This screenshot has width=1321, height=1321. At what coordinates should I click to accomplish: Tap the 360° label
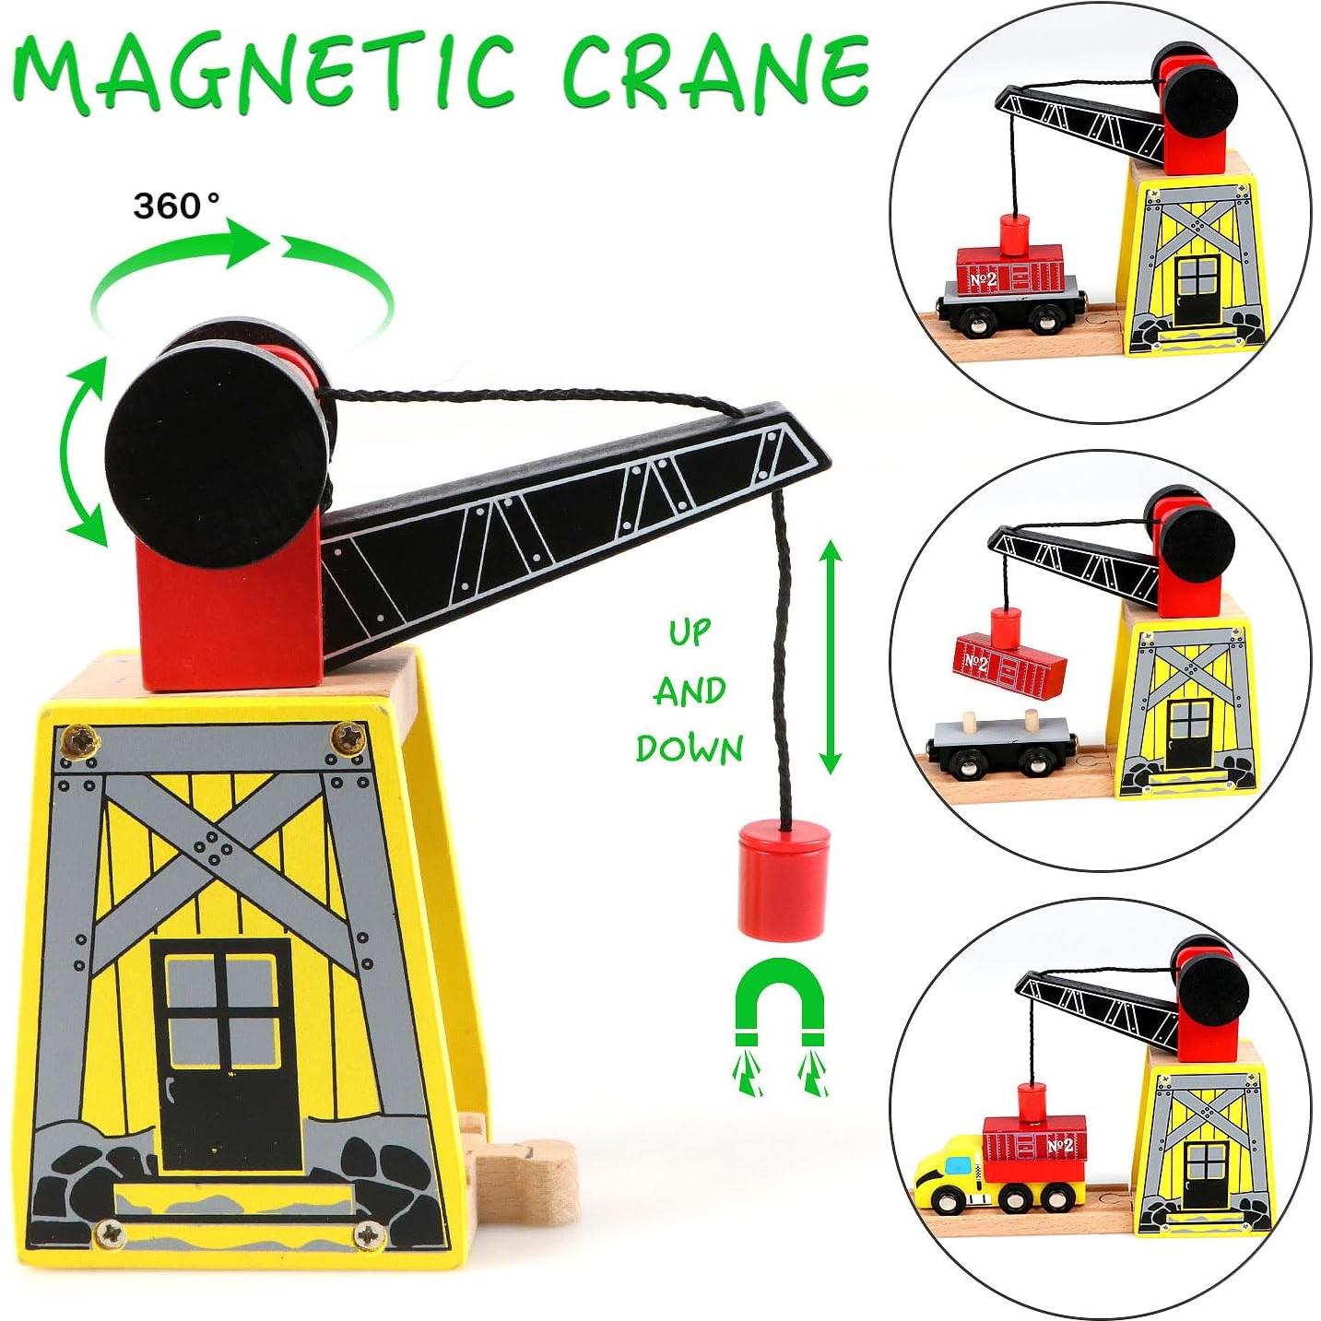[x=176, y=206]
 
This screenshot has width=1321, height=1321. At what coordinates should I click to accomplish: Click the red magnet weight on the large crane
[x=784, y=880]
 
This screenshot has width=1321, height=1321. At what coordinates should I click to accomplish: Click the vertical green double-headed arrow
[x=830, y=657]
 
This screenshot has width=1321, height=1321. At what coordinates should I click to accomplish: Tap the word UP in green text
[x=690, y=633]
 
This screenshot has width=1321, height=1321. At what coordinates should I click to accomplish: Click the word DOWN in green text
[x=689, y=749]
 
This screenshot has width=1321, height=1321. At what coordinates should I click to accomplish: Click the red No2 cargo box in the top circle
[x=1010, y=271]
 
